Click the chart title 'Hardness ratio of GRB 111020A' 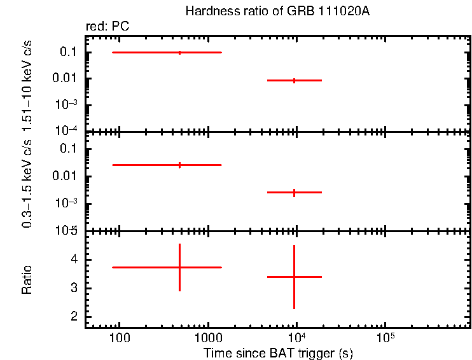[x=277, y=11]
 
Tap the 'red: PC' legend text [x=112, y=27]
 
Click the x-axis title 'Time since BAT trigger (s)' [x=278, y=352]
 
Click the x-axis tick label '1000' [x=207, y=336]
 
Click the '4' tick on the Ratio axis [x=74, y=260]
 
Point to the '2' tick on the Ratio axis [x=74, y=317]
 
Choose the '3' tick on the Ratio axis [x=74, y=288]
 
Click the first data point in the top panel [x=179, y=52]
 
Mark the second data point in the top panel [x=294, y=81]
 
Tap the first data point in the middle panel [x=179, y=165]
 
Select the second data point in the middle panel [x=294, y=192]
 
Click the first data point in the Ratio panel [x=179, y=267]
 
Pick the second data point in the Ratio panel [x=294, y=277]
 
